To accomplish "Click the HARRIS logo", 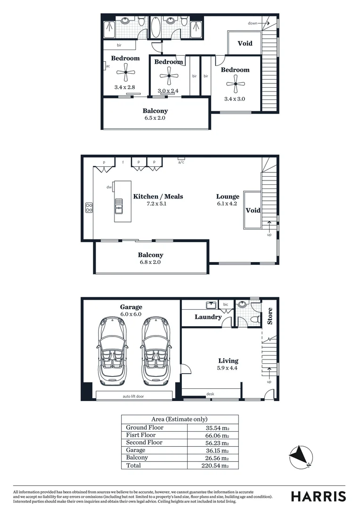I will [319, 496].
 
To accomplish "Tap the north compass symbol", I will [301, 457].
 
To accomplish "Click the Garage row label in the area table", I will [136, 450].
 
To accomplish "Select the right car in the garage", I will [155, 351].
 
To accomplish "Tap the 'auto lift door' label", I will [134, 396].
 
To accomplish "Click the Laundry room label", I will [208, 317].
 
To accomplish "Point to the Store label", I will [270, 316].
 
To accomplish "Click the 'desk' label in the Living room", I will [210, 394].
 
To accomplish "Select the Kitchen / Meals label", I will [158, 197].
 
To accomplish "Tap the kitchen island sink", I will [119, 204].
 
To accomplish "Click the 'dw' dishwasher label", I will [109, 187].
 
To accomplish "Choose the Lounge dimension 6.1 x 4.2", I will [228, 204].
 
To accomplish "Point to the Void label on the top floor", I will [245, 43].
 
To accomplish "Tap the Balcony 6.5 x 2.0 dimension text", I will [155, 119].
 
